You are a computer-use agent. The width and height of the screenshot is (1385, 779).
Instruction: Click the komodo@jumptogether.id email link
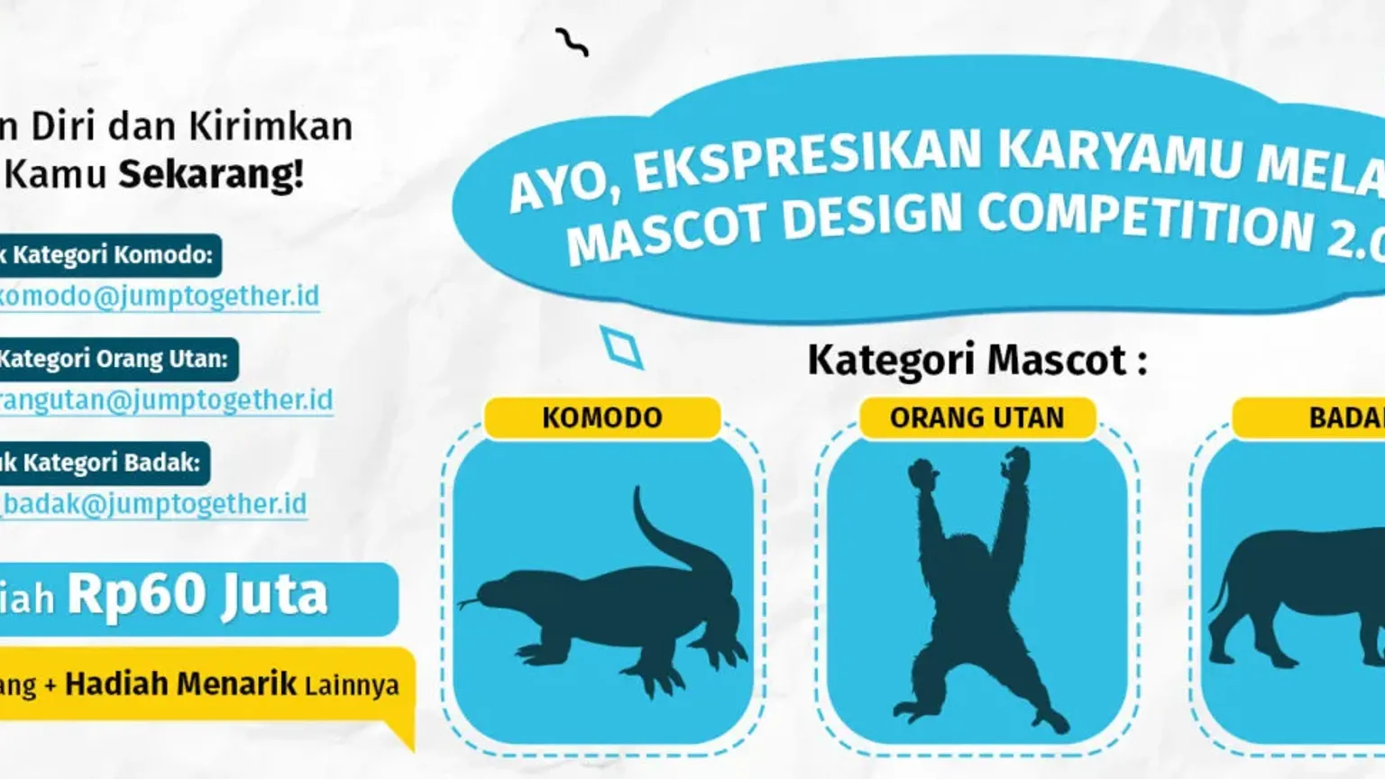[x=159, y=297]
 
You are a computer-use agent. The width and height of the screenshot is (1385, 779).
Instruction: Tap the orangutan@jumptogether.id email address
[x=166, y=400]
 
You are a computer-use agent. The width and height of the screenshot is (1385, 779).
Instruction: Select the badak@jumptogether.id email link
[x=154, y=504]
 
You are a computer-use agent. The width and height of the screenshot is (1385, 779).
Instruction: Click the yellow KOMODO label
[x=602, y=418]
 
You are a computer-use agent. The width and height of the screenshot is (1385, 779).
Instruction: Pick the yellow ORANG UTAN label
[x=977, y=418]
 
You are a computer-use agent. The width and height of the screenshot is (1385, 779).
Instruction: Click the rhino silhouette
[x=1298, y=595]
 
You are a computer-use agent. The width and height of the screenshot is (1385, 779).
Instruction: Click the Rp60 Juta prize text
[x=197, y=596]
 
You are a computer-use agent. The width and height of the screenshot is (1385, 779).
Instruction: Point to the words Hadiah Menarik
[x=180, y=684]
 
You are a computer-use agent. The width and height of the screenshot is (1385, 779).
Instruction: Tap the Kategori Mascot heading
[x=977, y=361]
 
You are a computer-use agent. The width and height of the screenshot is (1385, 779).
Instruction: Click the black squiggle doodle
[x=572, y=41]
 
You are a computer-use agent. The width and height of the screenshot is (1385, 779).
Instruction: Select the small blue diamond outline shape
[x=621, y=347]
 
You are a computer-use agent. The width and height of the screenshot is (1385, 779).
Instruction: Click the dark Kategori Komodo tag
[x=108, y=255]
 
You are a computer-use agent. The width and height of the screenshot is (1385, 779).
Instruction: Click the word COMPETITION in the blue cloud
[x=1145, y=222]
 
